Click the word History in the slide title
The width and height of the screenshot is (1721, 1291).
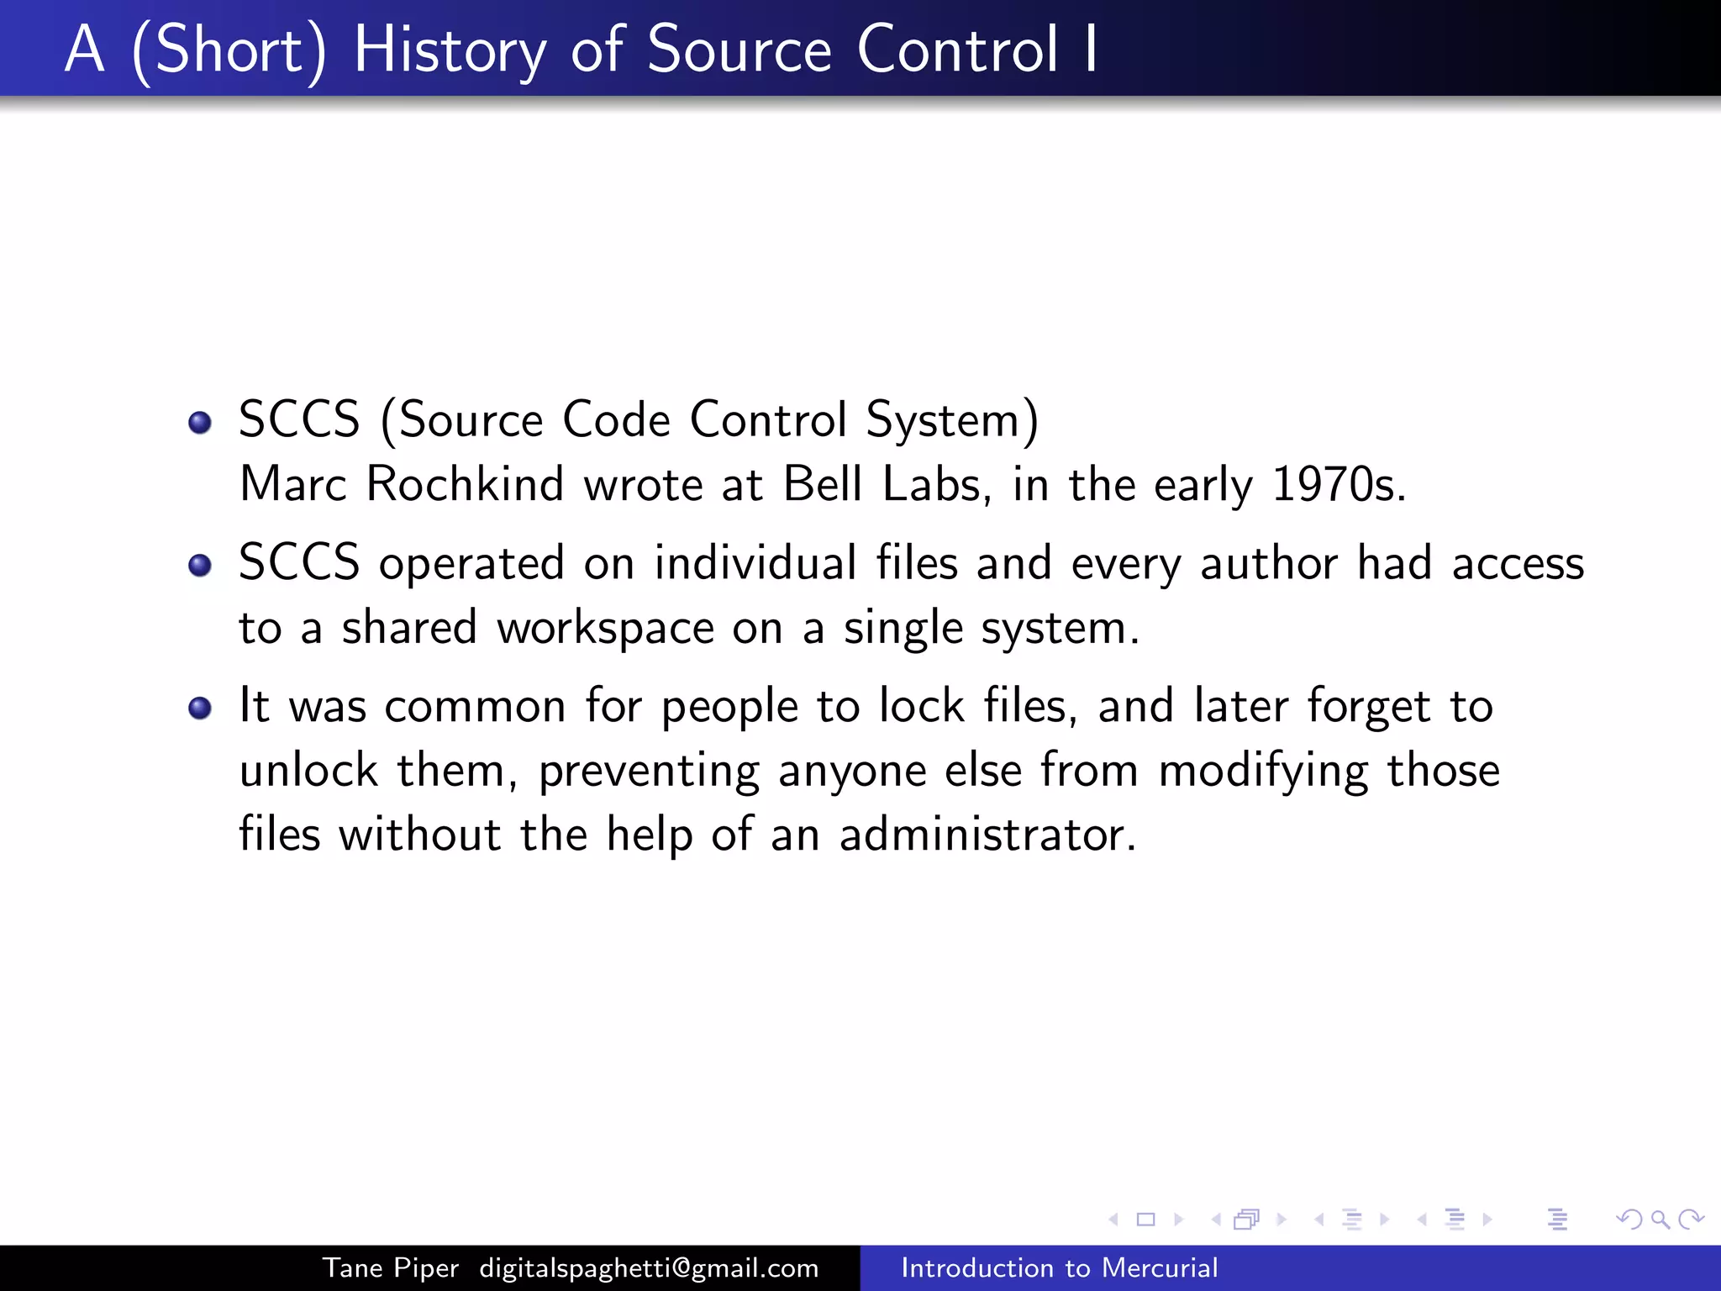tap(450, 50)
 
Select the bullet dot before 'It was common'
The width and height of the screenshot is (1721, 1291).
tap(200, 708)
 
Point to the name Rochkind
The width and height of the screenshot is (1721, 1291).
tap(465, 484)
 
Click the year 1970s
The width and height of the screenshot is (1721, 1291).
tap(1338, 484)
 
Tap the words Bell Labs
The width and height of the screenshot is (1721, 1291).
tap(882, 484)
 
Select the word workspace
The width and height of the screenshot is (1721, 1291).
tap(605, 629)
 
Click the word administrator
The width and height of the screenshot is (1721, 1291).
tap(987, 835)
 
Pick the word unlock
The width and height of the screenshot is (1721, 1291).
tap(308, 770)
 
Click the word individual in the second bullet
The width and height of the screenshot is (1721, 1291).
tap(755, 562)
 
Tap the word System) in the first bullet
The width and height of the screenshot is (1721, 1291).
tap(952, 419)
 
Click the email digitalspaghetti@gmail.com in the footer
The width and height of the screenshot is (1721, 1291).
tap(649, 1267)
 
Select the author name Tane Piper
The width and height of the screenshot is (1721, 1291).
tap(391, 1267)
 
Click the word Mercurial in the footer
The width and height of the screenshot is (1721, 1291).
tap(1160, 1267)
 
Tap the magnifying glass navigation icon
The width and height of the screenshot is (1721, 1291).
tap(1660, 1219)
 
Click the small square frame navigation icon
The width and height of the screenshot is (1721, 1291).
tap(1145, 1219)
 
